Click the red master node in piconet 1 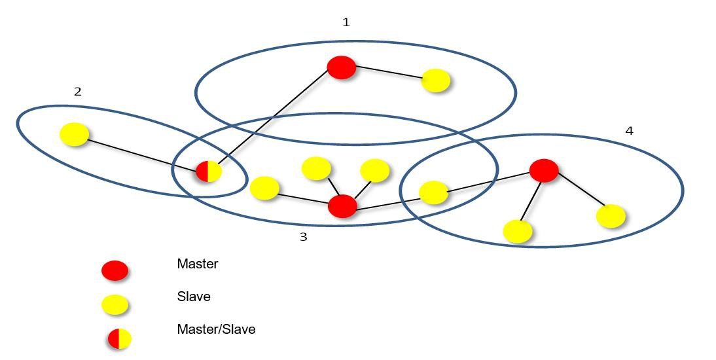click(x=341, y=67)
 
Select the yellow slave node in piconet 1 click(x=436, y=81)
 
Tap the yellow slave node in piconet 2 click(x=75, y=134)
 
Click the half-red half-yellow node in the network click(x=209, y=171)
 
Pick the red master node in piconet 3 click(x=342, y=206)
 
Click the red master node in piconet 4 click(x=543, y=170)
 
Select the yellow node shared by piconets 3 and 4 click(x=433, y=192)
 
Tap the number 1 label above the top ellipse click(x=346, y=22)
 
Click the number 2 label click(x=78, y=92)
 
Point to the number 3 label click(x=303, y=237)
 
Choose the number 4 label click(x=629, y=131)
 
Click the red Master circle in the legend click(x=115, y=270)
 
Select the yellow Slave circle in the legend click(x=115, y=304)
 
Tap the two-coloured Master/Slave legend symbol click(x=120, y=339)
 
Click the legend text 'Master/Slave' click(x=216, y=329)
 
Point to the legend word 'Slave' click(x=194, y=297)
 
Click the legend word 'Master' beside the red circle click(x=197, y=264)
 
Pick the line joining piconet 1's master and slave click(x=389, y=73)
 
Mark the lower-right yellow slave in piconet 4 click(x=611, y=216)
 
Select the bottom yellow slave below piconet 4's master click(x=517, y=231)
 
